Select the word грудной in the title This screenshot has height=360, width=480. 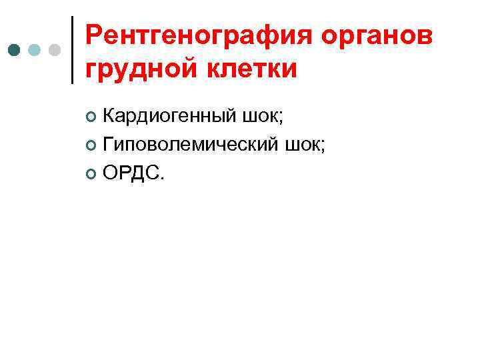(x=138, y=69)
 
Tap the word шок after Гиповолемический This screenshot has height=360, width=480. (x=303, y=145)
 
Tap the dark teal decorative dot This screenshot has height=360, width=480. (x=15, y=50)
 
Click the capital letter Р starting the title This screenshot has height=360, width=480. (x=96, y=35)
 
